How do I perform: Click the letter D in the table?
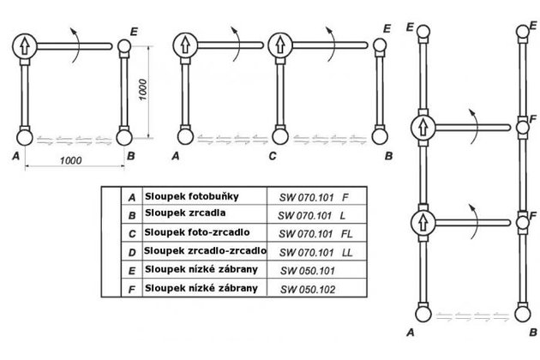tap(131, 252)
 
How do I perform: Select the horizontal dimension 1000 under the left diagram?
tap(70, 161)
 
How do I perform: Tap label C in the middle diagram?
tap(271, 156)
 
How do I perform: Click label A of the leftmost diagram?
tap(17, 156)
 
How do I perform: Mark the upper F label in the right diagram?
tap(534, 117)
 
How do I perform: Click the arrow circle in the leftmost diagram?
tap(26, 45)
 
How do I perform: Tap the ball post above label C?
tap(279, 135)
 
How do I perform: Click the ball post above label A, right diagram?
tap(423, 313)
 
